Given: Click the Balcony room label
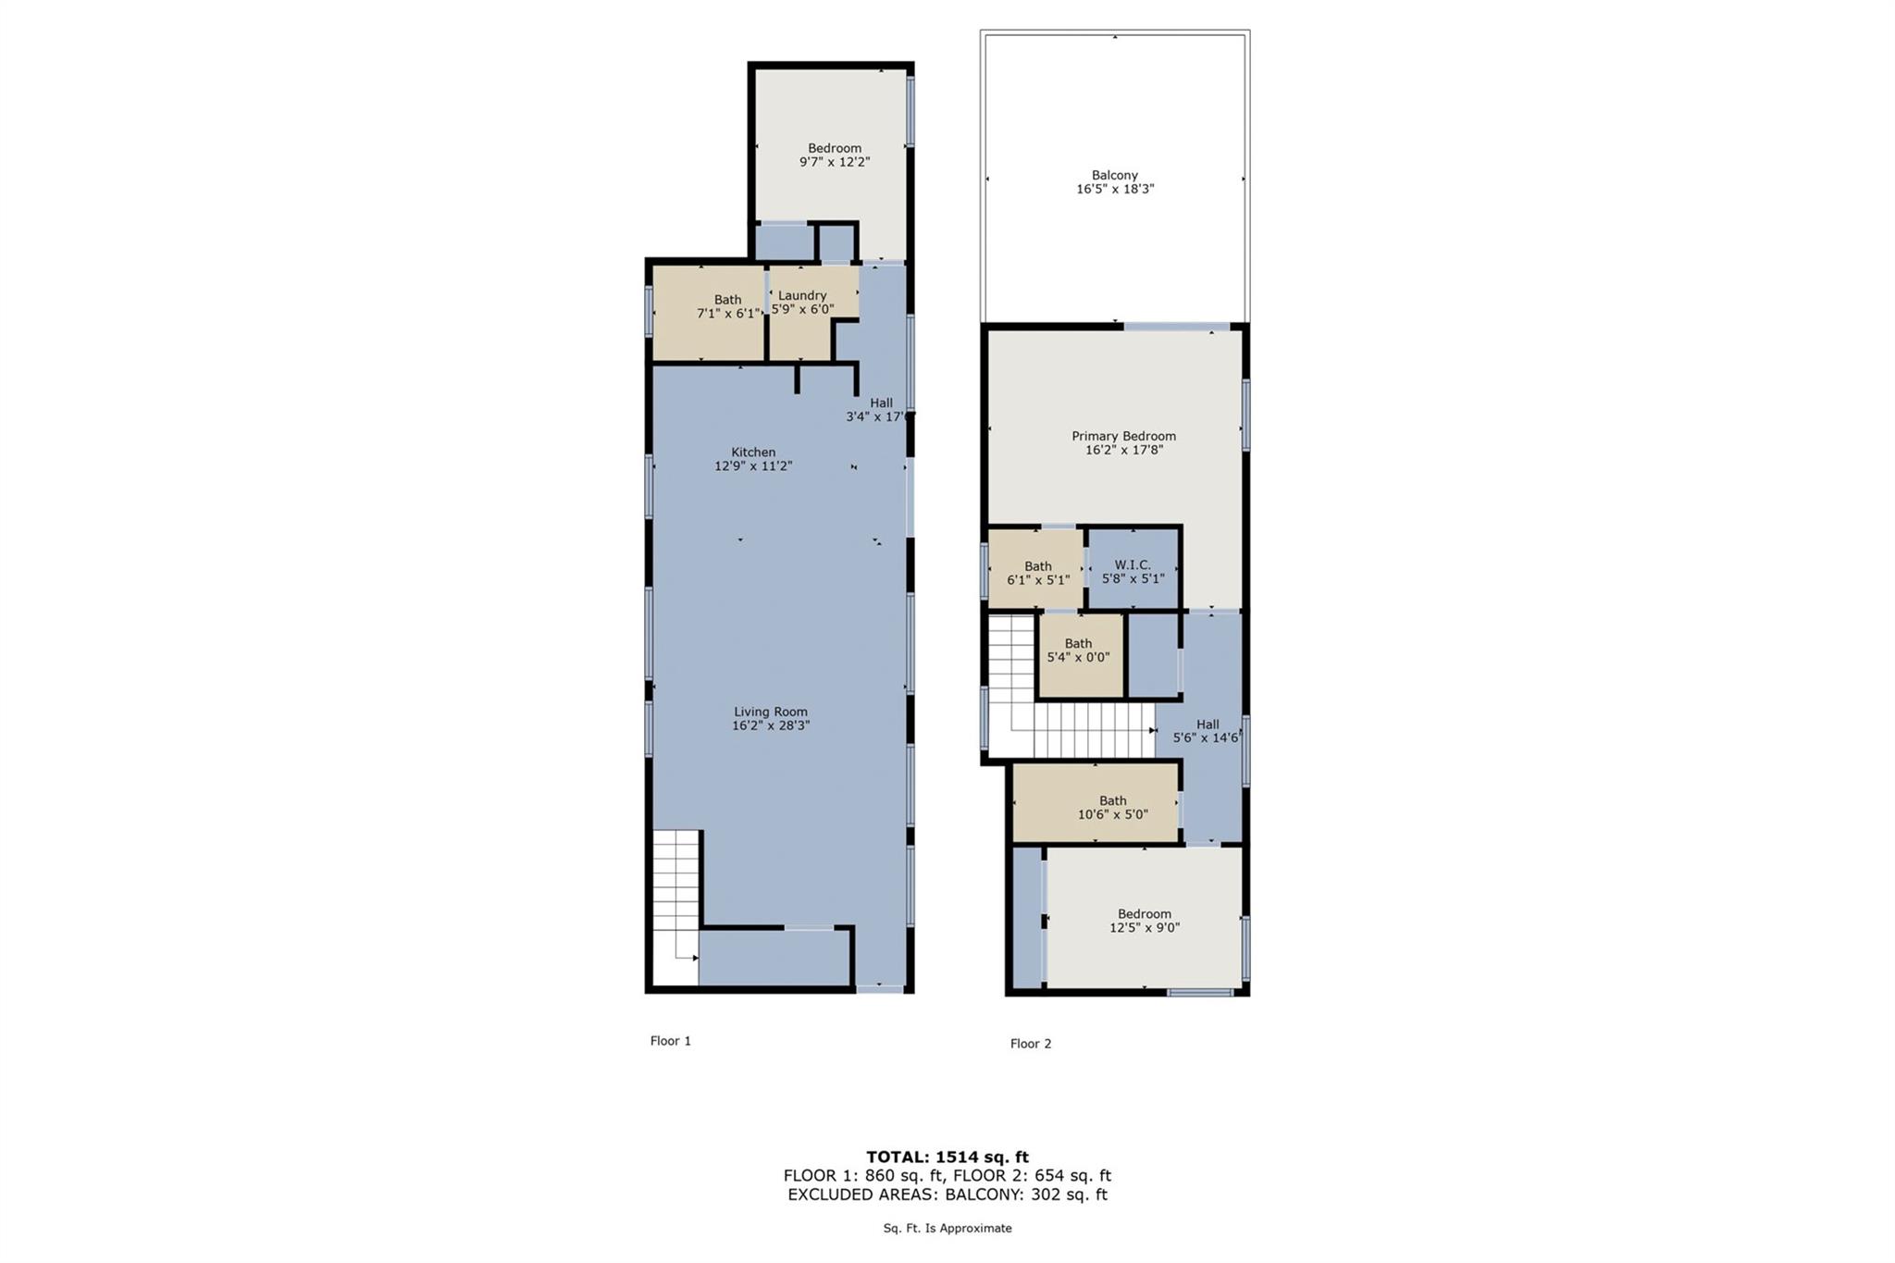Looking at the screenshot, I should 1114,175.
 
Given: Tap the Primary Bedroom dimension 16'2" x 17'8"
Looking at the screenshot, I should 1123,451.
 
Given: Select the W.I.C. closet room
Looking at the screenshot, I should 1133,571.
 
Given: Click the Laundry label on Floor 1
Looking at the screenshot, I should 801,295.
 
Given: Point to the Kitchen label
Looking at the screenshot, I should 753,452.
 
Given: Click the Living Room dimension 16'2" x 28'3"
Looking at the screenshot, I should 771,726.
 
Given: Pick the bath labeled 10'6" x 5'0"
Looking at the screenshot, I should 1112,807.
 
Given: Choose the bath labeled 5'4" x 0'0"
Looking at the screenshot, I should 1078,650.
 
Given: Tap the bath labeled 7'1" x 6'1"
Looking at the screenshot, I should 727,306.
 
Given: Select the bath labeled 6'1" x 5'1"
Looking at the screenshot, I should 1037,573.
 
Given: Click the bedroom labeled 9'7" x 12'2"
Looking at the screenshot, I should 835,155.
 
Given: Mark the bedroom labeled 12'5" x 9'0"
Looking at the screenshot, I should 1145,921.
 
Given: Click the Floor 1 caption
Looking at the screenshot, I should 670,1041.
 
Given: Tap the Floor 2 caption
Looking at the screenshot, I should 1030,1044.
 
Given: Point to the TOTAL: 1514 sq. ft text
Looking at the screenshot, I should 947,1157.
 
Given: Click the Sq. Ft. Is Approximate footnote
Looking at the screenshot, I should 947,1229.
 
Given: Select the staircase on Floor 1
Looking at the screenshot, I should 676,902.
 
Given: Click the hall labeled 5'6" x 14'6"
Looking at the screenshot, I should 1207,731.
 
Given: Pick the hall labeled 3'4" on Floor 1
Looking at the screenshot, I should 880,410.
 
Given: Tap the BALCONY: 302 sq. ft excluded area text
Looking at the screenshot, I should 1025,1195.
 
